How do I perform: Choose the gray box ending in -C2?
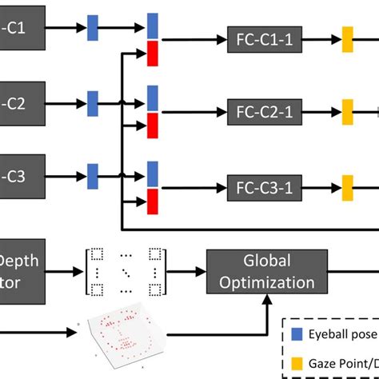click(20, 103)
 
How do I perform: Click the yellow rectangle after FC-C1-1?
click(348, 38)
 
